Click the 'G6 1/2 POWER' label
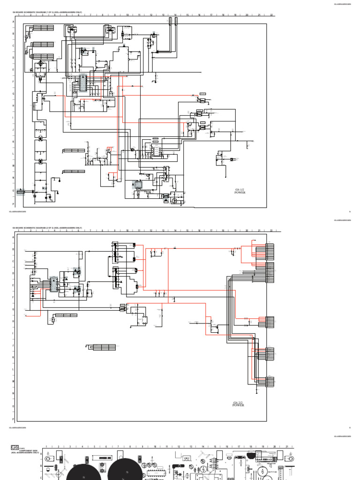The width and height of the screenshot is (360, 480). (240, 191)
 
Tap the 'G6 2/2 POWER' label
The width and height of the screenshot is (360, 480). (239, 404)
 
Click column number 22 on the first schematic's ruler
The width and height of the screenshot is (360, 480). (271, 15)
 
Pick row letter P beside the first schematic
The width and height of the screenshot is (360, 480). (13, 205)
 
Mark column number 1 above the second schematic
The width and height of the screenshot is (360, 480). (19, 231)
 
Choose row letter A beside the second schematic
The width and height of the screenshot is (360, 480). (13, 237)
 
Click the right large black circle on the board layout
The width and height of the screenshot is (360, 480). (125, 469)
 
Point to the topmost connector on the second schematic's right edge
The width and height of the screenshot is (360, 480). (270, 250)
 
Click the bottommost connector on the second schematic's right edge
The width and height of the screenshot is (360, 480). (270, 382)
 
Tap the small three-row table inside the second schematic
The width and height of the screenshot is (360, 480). (104, 347)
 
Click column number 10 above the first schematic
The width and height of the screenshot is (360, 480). (127, 15)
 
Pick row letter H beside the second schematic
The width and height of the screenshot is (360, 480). (13, 322)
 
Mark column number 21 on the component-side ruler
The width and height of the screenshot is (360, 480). (287, 447)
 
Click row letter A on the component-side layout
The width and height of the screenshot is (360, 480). (41, 454)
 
